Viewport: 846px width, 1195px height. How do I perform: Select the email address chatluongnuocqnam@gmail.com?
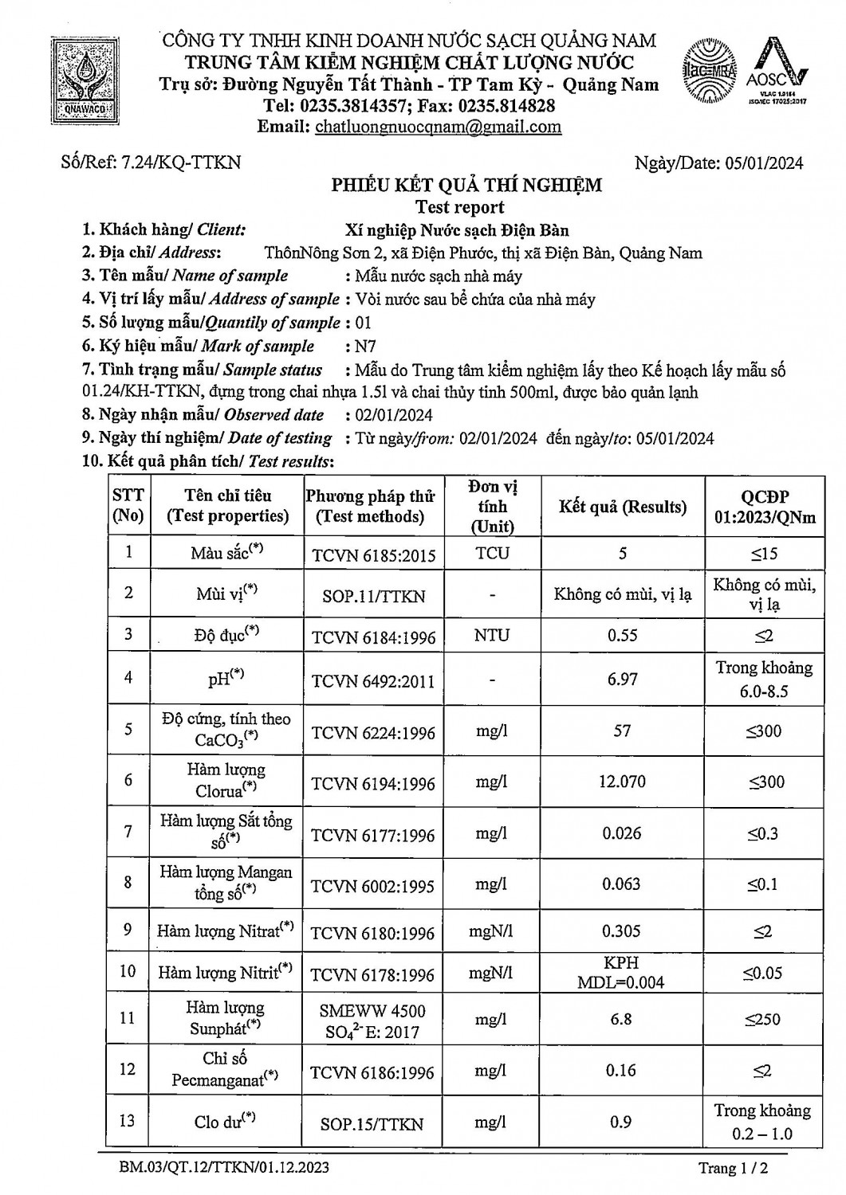click(x=438, y=127)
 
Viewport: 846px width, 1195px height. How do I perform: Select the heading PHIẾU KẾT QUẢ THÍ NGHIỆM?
click(x=466, y=186)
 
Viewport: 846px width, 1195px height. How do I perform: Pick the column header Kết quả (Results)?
click(x=623, y=507)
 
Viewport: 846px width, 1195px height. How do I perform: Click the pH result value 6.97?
click(x=622, y=679)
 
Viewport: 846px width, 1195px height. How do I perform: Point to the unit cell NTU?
click(x=492, y=636)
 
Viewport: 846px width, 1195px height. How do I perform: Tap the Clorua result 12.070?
click(x=622, y=782)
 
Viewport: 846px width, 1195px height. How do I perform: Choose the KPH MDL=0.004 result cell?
click(x=621, y=973)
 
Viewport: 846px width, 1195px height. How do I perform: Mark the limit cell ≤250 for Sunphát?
click(x=763, y=1019)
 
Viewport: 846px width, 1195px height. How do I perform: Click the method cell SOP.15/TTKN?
click(x=373, y=1123)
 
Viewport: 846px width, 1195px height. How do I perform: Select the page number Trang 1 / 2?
click(x=731, y=1168)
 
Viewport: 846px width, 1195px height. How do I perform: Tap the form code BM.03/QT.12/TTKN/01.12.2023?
click(x=219, y=1168)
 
